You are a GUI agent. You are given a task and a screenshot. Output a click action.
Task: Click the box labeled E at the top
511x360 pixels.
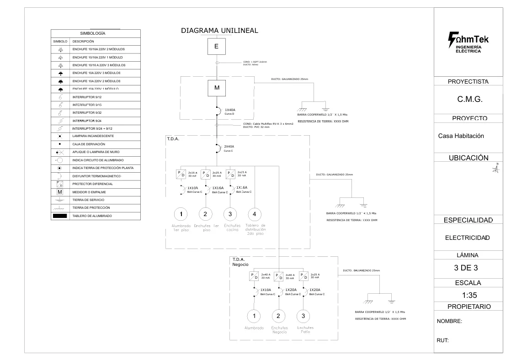coord(217,46)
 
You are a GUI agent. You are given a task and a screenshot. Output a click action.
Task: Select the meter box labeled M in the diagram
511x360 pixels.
coord(217,88)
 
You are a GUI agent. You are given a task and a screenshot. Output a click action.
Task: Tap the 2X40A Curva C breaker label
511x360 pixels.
coord(229,148)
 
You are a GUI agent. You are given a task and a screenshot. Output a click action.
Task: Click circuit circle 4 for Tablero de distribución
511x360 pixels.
coord(255,214)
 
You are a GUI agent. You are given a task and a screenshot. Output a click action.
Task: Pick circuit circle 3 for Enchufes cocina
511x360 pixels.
coord(230,214)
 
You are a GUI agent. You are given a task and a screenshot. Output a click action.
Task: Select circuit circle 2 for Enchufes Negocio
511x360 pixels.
coord(279,316)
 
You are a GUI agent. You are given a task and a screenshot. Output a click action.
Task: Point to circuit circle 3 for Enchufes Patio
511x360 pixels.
coord(303,316)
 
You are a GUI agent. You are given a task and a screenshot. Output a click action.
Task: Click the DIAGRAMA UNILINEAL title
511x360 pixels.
coord(220,31)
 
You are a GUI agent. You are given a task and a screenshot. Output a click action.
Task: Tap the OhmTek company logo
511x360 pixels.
coord(468,42)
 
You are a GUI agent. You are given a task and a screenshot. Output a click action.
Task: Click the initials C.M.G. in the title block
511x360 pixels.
coord(470,99)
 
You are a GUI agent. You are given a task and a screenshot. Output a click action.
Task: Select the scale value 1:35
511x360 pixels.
coord(470,295)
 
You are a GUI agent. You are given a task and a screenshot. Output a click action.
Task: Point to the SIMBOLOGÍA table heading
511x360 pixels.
coord(93,33)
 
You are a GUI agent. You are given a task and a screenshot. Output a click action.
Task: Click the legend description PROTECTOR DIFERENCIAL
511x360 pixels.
coord(93,184)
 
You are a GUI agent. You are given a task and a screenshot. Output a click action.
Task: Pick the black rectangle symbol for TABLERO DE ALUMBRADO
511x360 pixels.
coord(60,216)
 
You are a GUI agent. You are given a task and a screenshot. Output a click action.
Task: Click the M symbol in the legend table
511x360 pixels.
coord(60,192)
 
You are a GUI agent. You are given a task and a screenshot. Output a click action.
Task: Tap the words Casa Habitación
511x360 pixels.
coord(461,136)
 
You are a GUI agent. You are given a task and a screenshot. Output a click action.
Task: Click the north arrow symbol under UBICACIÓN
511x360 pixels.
coord(496,169)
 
